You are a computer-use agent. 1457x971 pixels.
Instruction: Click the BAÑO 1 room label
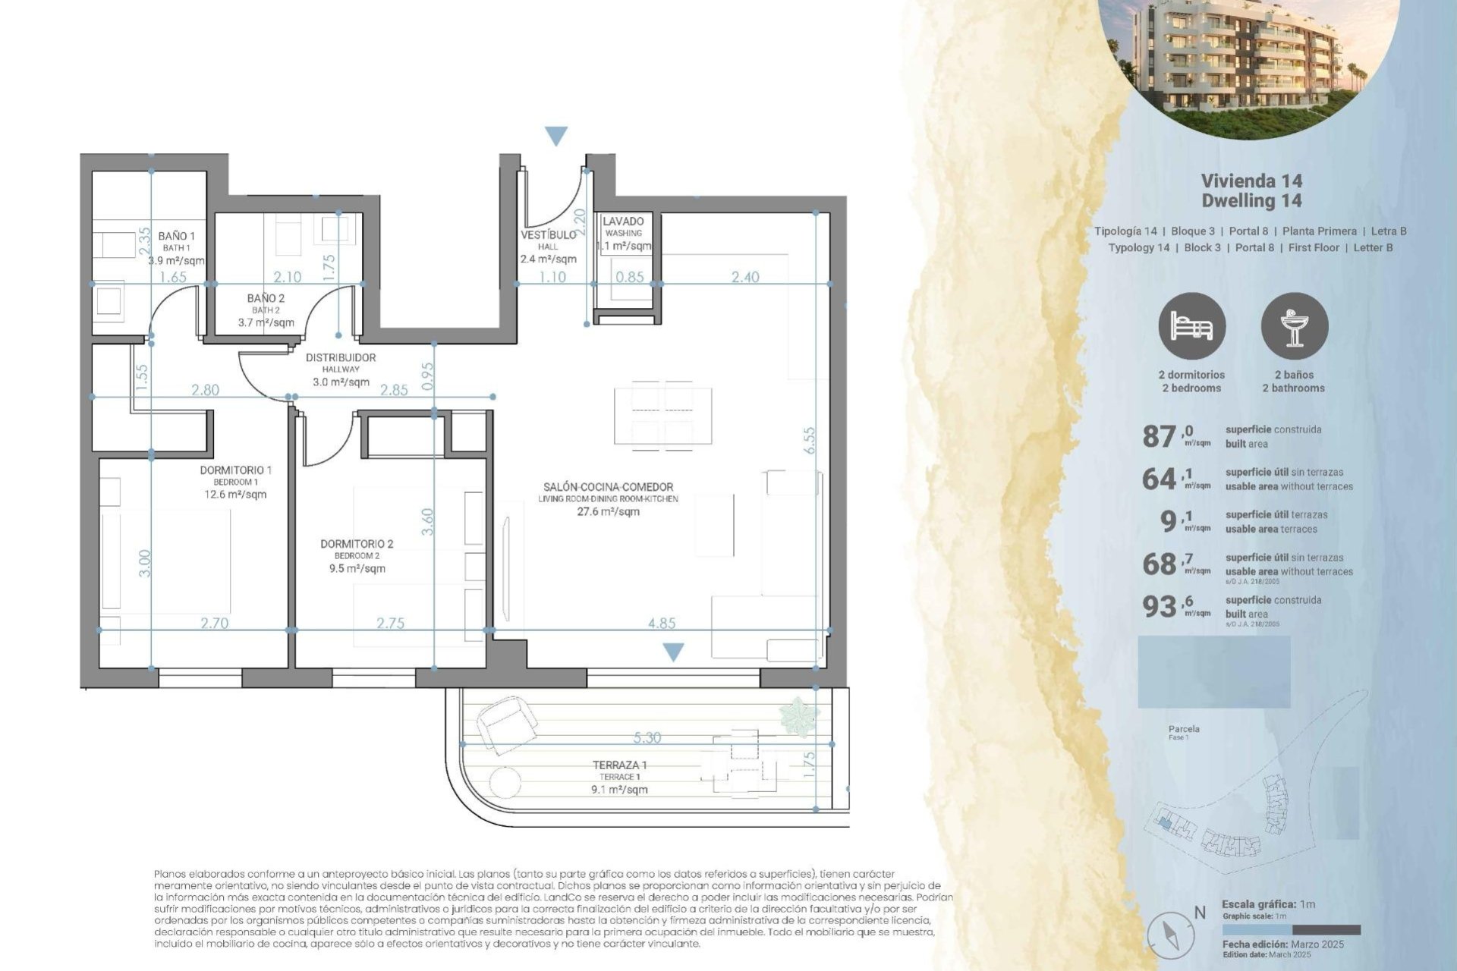(177, 236)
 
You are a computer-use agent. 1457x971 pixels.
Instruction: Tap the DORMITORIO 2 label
(357, 544)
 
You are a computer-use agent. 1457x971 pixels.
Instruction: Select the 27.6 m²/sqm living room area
(608, 512)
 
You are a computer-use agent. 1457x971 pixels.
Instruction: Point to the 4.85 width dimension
(662, 623)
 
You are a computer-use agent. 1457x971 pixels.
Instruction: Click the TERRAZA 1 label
(619, 765)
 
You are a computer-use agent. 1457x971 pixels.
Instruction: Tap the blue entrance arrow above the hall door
(556, 136)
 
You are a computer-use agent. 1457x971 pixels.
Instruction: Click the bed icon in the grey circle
(1191, 326)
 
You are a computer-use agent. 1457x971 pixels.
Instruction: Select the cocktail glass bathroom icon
(1295, 326)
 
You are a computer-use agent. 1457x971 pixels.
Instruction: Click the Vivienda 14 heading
(1251, 181)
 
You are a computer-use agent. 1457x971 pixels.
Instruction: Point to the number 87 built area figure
(1159, 437)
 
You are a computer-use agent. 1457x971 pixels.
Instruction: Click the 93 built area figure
(1159, 606)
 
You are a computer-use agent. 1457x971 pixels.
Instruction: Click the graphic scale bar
(1291, 929)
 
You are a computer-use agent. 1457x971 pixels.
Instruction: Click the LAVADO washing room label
(623, 222)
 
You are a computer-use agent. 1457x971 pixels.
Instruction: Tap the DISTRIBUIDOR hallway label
(341, 357)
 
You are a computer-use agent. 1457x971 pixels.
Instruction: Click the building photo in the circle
(1248, 61)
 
